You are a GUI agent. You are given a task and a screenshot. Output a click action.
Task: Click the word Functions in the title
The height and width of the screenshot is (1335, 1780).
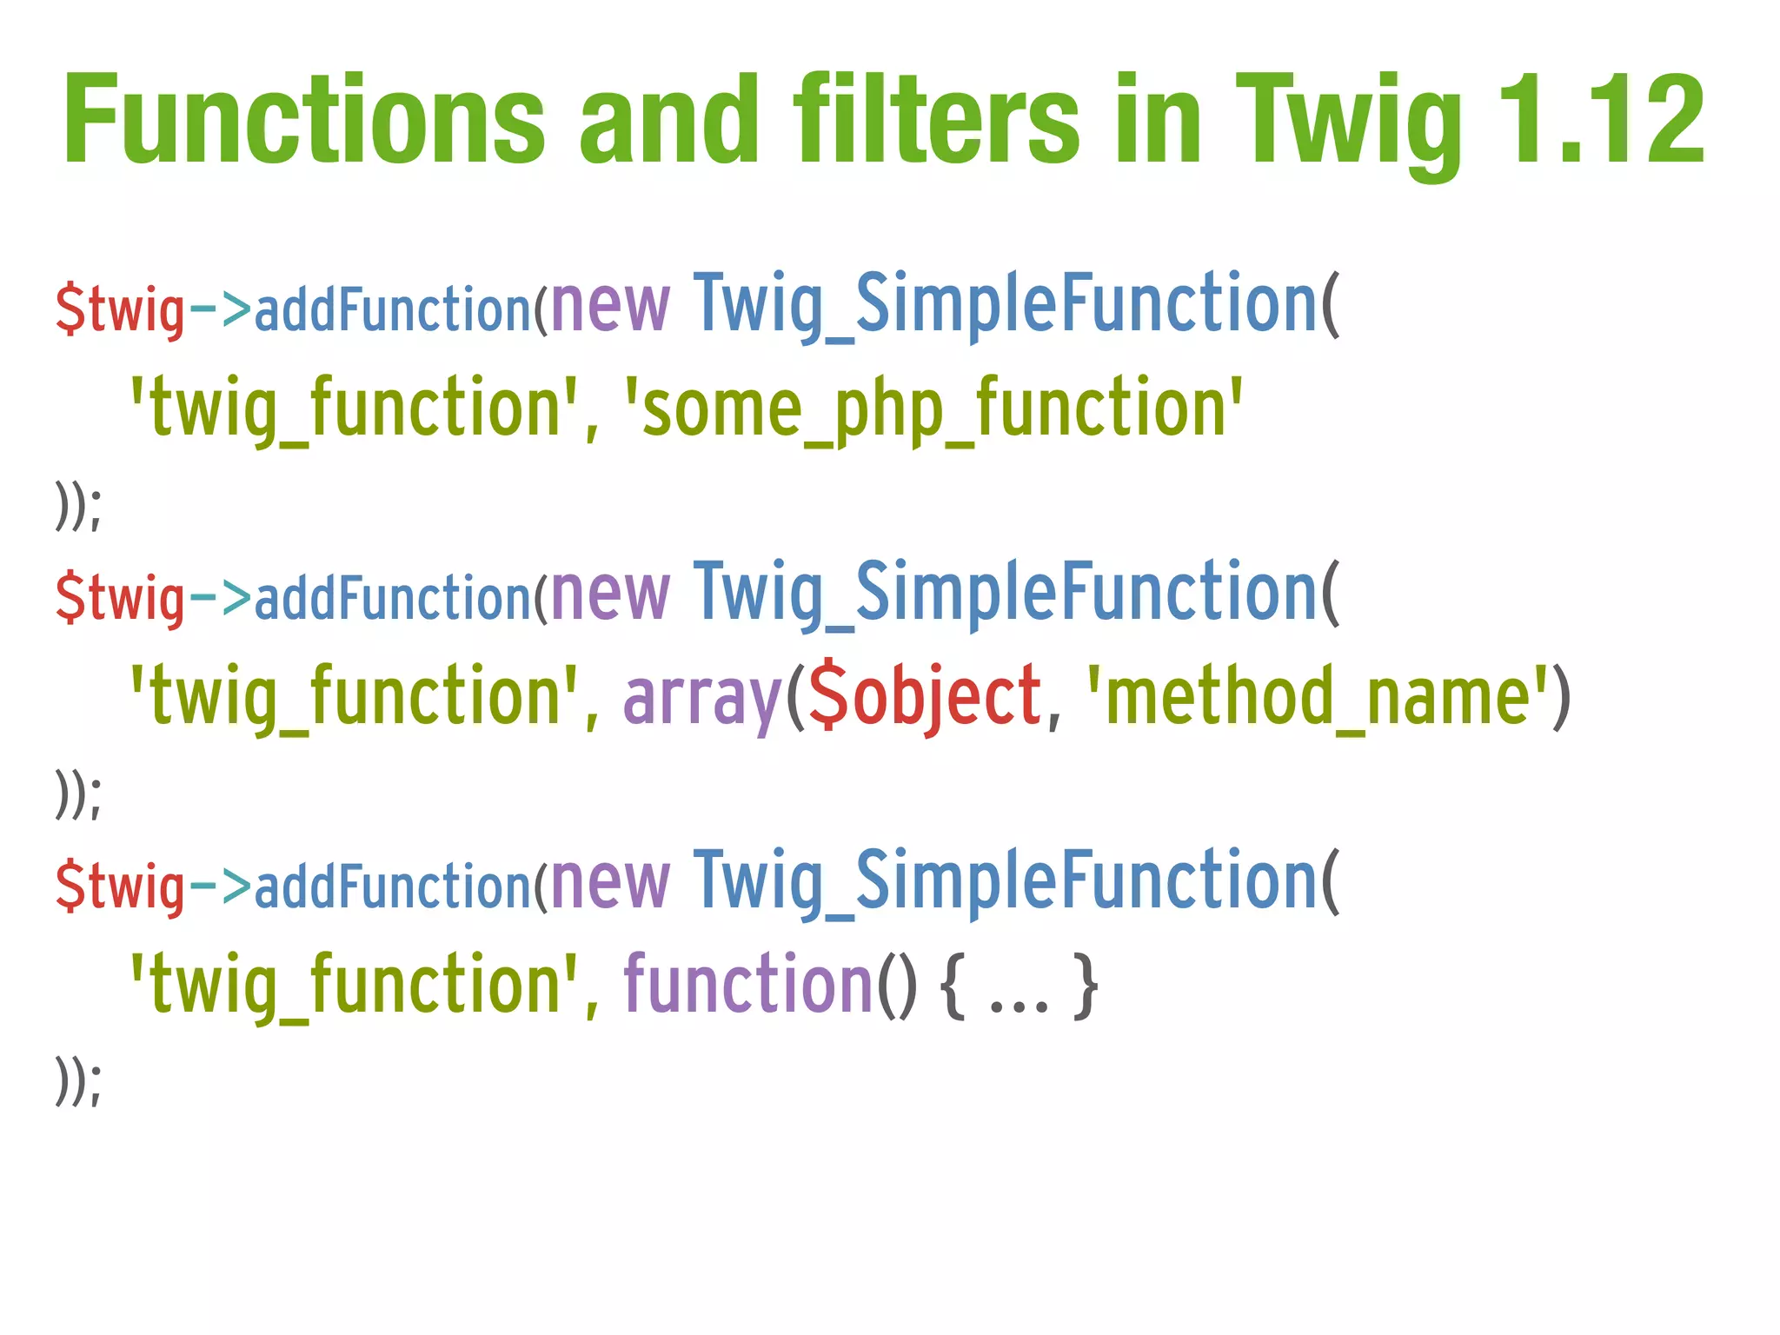pyautogui.click(x=304, y=119)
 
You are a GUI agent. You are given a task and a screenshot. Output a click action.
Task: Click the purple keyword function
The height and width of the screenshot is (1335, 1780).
pyautogui.click(x=747, y=984)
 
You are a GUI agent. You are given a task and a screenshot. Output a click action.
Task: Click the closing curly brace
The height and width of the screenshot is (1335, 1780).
pyautogui.click(x=1086, y=986)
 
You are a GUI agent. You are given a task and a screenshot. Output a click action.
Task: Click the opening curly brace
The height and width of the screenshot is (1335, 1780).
pyautogui.click(x=953, y=986)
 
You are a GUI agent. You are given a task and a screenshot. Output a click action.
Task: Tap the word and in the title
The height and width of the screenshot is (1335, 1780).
pyautogui.click(x=669, y=119)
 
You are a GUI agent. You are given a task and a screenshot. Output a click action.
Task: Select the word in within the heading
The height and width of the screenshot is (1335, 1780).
pyautogui.click(x=1158, y=119)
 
